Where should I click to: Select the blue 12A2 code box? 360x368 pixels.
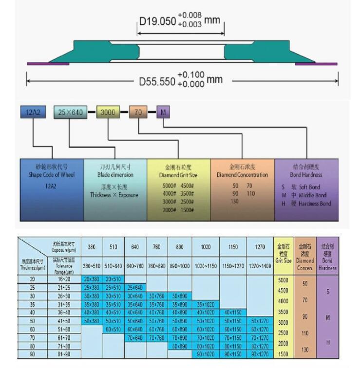coord(33,112)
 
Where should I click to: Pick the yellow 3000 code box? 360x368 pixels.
coord(108,112)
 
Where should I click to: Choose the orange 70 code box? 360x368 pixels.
coord(138,112)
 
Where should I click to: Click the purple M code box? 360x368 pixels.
coord(163,112)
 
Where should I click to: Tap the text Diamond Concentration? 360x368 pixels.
coord(242,175)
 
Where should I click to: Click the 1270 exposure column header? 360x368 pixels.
coord(260,247)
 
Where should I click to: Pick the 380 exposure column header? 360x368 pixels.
coord(92,247)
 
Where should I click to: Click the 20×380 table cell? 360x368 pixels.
coord(92,279)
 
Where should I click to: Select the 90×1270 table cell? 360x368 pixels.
coord(260,354)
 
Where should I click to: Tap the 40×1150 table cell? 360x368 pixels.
coord(233,312)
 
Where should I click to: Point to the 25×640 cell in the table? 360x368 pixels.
coord(135,287)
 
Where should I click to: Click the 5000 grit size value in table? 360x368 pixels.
coord(283,280)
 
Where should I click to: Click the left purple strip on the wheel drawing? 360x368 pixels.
coord(48,63)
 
